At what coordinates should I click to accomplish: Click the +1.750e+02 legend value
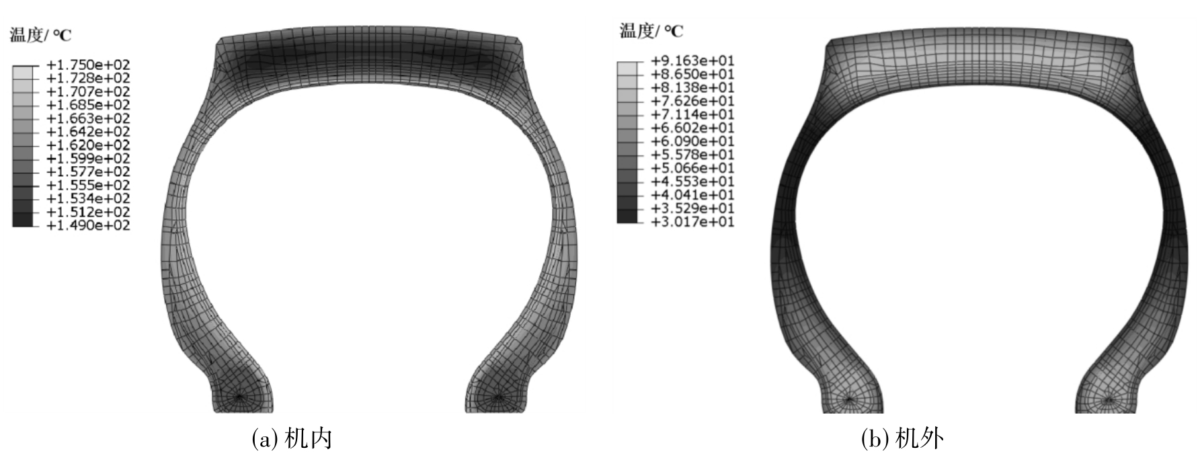point(87,65)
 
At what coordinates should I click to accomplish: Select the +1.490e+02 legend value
point(87,225)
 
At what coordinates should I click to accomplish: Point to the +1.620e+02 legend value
point(87,145)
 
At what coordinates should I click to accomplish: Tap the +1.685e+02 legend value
point(87,105)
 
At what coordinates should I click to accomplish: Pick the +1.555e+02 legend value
point(87,185)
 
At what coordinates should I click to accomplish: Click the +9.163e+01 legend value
point(692,61)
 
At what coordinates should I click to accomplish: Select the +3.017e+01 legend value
point(692,222)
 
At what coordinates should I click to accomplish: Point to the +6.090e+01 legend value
point(692,141)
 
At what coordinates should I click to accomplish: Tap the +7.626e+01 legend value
point(692,101)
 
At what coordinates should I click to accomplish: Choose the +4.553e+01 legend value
point(692,182)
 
